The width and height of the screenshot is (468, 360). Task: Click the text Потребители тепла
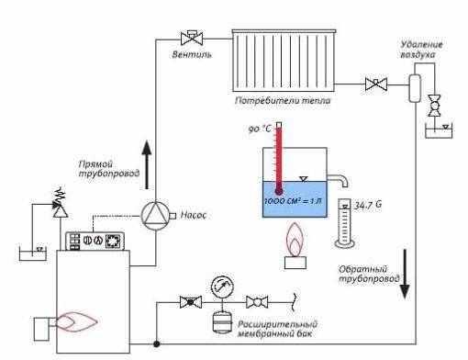point(284,100)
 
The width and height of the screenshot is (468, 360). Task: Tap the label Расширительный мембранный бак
point(279,330)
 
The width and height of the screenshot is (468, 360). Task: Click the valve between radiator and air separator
point(374,85)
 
